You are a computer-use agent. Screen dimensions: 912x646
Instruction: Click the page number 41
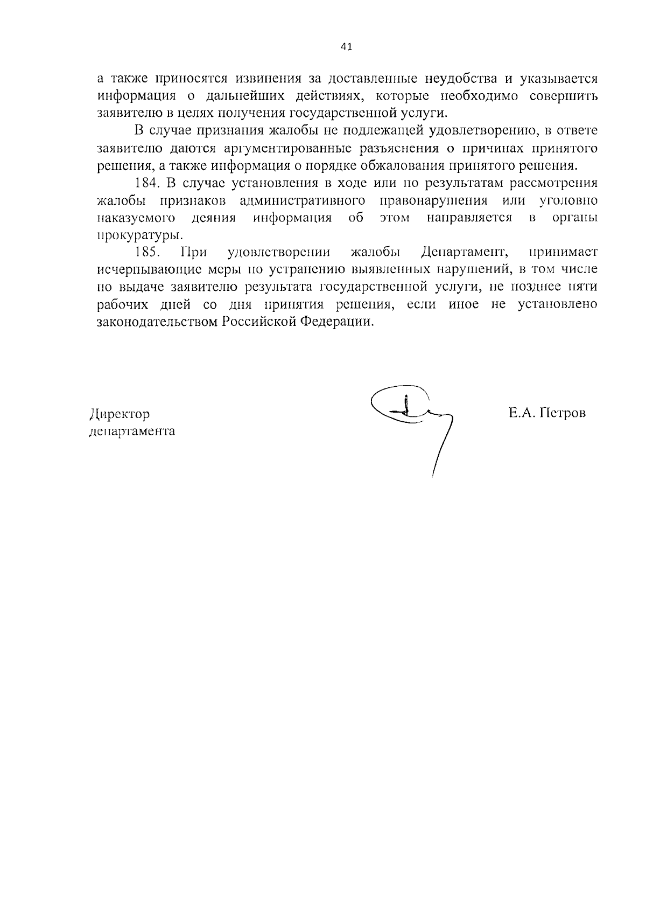coord(347,47)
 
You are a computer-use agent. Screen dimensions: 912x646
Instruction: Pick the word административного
coord(303,200)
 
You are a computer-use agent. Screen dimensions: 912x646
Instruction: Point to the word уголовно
coord(568,200)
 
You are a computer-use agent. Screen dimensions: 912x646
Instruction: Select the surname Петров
coord(561,413)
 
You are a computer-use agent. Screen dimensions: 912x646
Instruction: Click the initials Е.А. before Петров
coord(519,413)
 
